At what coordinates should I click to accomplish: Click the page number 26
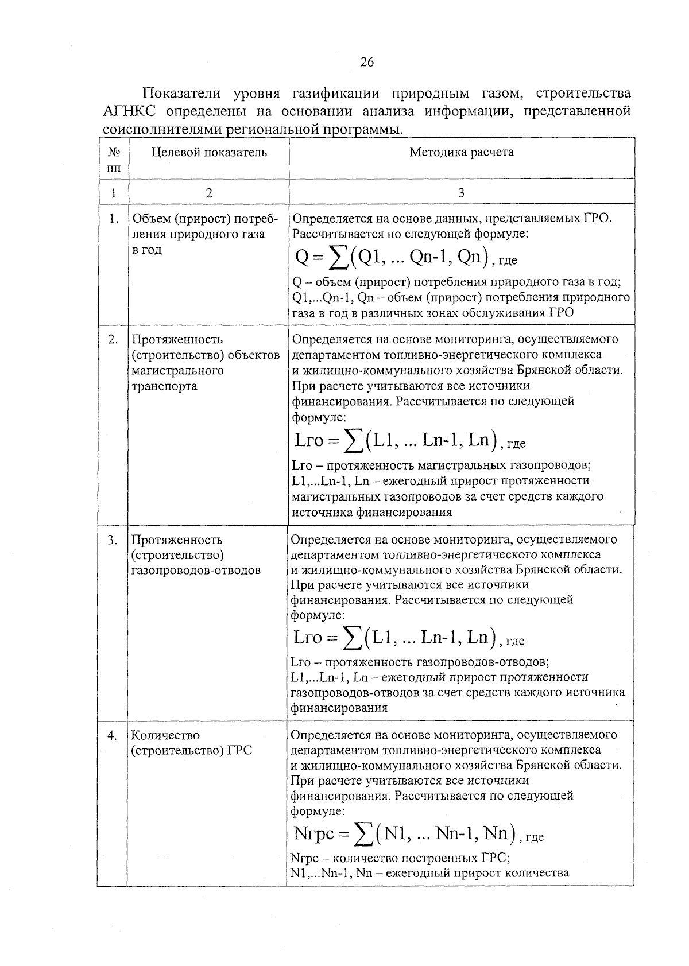point(367,62)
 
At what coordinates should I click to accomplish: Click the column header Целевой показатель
point(209,152)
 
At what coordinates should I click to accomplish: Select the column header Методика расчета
point(462,152)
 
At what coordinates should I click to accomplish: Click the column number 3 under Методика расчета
point(462,193)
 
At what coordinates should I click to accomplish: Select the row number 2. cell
point(114,340)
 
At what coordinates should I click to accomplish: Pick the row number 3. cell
point(113,540)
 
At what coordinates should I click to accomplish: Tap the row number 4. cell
point(113,736)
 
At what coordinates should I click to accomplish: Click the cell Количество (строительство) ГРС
point(191,743)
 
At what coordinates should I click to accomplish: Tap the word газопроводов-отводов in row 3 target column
point(196,571)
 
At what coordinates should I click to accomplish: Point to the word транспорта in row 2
point(164,386)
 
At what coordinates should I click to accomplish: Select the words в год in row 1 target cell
point(147,250)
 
